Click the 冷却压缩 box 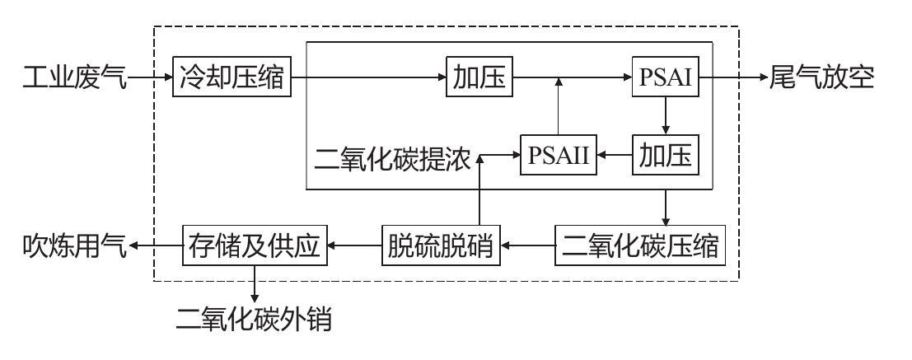click(232, 79)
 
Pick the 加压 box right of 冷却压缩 click(478, 79)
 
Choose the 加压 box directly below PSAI click(666, 154)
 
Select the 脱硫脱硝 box click(442, 245)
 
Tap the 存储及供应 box click(255, 245)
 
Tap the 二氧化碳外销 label click(255, 317)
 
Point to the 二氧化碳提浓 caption click(392, 157)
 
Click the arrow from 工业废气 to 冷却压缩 click(150, 80)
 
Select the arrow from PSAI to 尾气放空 click(733, 80)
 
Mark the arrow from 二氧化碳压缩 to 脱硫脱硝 click(530, 245)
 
